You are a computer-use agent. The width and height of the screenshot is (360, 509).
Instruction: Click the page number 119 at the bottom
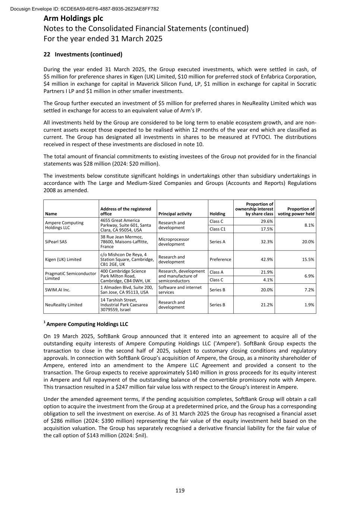(180, 490)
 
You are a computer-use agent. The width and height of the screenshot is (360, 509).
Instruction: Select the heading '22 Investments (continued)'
(83, 54)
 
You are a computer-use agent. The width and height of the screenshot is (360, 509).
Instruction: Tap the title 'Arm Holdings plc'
(73, 18)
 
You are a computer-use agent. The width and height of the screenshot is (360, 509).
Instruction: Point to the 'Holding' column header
(217, 214)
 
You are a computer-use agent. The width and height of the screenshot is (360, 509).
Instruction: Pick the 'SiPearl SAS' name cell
(56, 242)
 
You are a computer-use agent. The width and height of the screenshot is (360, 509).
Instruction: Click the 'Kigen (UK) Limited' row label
(63, 259)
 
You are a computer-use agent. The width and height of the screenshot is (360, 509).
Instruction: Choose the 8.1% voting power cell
(309, 225)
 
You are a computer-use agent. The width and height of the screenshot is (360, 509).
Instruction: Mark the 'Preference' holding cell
(220, 259)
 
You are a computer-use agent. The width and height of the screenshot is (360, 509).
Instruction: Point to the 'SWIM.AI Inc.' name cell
(57, 290)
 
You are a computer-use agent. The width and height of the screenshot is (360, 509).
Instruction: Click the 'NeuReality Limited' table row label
(63, 305)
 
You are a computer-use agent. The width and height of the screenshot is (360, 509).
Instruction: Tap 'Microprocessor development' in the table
(174, 242)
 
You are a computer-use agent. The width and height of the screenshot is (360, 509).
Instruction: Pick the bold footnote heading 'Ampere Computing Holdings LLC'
(87, 324)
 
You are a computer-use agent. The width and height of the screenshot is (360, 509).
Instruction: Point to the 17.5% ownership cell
(267, 229)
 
